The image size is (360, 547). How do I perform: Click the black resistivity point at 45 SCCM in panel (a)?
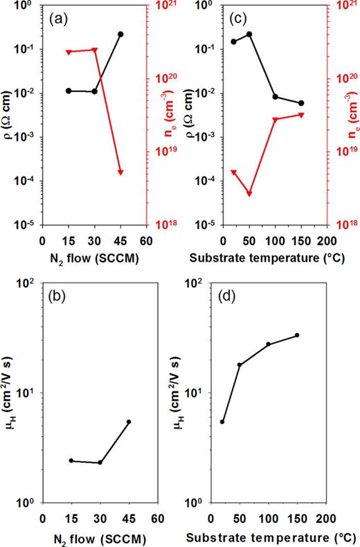(120, 34)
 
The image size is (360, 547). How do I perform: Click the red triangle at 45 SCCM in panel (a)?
(120, 172)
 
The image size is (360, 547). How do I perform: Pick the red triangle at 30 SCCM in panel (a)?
(95, 50)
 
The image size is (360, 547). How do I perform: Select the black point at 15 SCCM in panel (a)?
(69, 91)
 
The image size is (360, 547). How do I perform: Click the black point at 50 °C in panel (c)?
(249, 34)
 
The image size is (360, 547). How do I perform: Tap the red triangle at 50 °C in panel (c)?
(249, 194)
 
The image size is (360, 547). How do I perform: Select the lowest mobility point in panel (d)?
(222, 422)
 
